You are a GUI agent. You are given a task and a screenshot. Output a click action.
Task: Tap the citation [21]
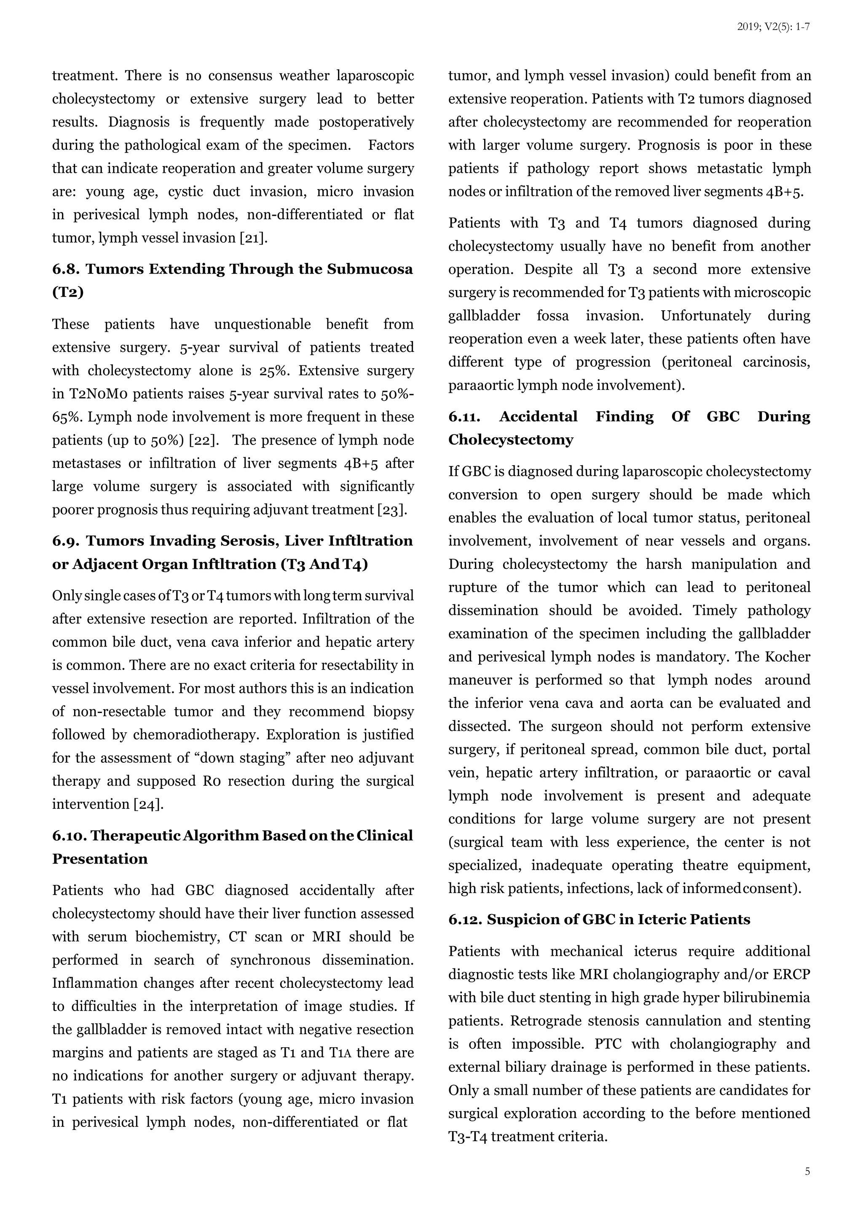tap(254, 238)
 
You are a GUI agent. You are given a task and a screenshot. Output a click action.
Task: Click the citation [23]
tap(392, 510)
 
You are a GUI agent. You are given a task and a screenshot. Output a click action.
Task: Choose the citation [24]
tap(148, 804)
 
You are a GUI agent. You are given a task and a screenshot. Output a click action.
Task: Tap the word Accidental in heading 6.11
tap(538, 417)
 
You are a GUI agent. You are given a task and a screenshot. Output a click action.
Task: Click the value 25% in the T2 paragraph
tap(273, 371)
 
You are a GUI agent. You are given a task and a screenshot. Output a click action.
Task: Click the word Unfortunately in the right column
tap(706, 316)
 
